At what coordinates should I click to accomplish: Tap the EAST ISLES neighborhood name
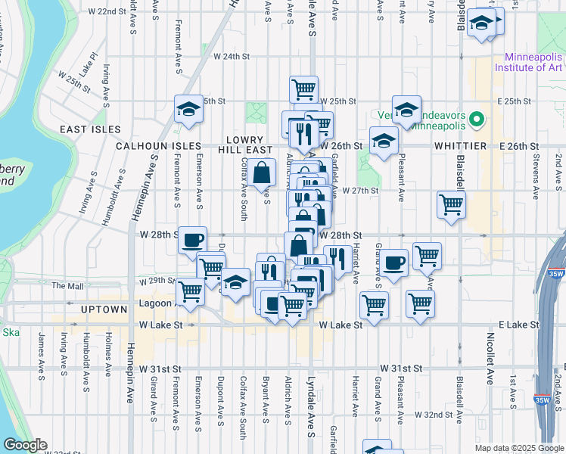click(x=85, y=129)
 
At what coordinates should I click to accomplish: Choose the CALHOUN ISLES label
click(x=158, y=145)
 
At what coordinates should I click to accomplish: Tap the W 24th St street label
click(x=232, y=56)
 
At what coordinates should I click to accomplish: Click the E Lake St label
click(x=520, y=324)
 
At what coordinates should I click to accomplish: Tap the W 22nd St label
click(x=106, y=12)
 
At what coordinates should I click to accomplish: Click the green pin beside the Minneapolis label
click(x=476, y=119)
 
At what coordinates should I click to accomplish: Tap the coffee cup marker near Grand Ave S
click(x=393, y=263)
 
